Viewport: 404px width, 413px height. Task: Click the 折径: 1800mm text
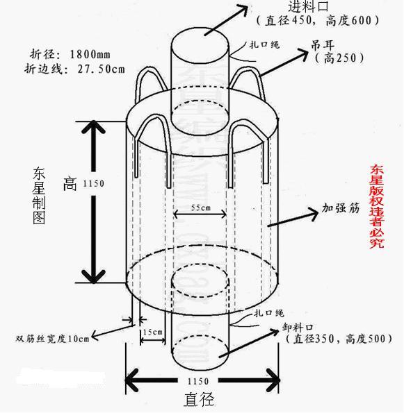(72, 53)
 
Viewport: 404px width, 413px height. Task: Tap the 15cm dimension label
(152, 332)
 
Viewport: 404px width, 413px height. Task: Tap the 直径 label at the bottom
(199, 400)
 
